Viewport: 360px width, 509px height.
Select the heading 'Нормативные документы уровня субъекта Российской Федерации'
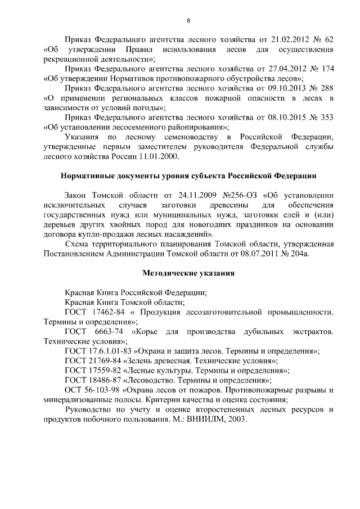click(x=188, y=175)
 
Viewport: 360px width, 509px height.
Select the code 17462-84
click(x=106, y=312)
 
